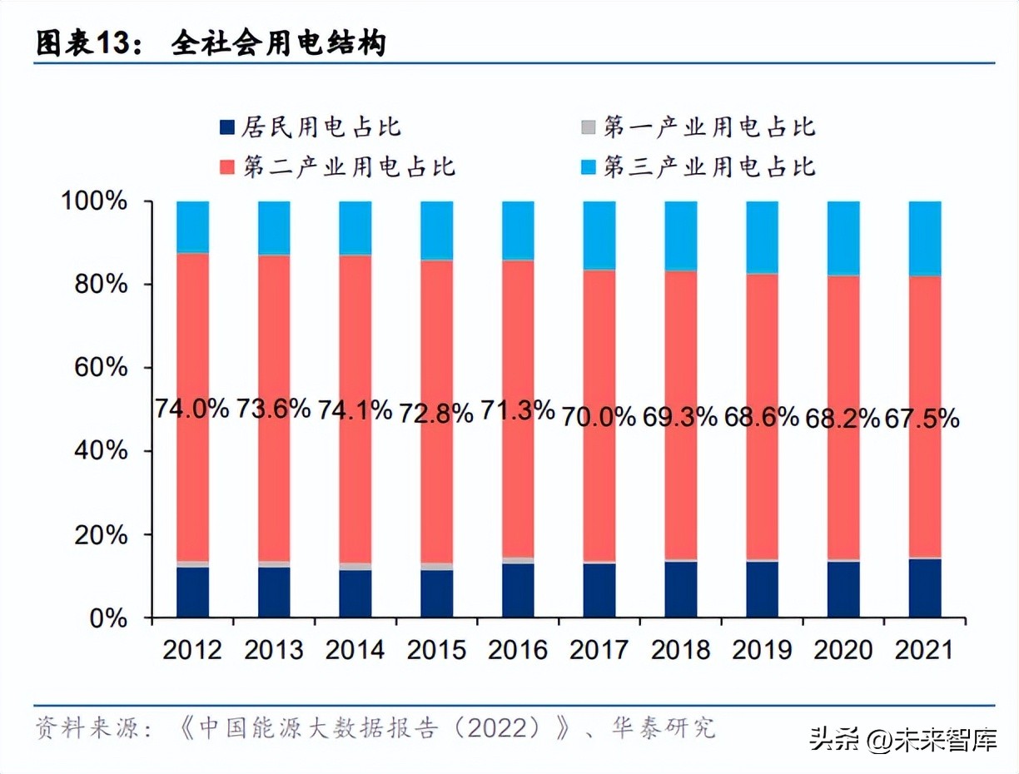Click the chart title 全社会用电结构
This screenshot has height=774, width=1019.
(279, 43)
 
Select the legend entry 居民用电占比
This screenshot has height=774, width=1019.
(321, 127)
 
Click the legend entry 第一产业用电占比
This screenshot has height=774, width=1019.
(708, 127)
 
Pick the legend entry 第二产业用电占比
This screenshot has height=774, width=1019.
(348, 166)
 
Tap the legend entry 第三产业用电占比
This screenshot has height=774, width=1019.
(708, 166)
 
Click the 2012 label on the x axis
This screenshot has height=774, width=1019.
(192, 649)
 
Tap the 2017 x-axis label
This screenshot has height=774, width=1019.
(599, 649)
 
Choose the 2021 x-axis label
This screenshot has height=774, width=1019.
(925, 649)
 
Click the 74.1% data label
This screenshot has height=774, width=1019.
(355, 409)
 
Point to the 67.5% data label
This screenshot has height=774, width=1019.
(923, 418)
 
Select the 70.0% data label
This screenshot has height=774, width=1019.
(599, 416)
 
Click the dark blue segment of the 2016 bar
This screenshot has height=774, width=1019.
(518, 590)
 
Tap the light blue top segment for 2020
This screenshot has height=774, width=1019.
(843, 238)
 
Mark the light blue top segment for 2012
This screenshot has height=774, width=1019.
(192, 226)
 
